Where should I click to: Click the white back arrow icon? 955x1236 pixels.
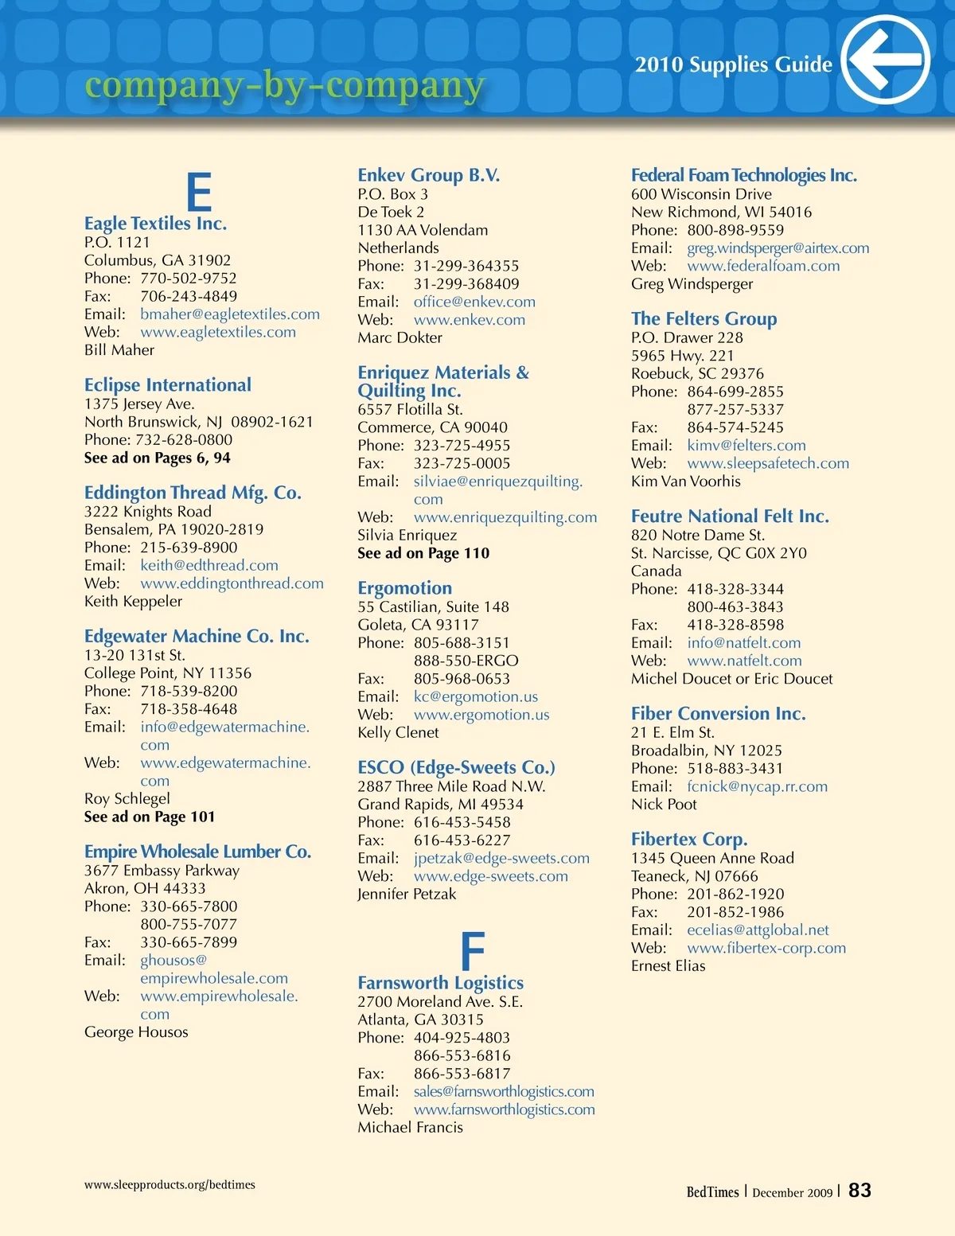point(885,60)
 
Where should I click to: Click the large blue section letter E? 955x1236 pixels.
point(199,192)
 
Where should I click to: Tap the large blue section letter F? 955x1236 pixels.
point(473,951)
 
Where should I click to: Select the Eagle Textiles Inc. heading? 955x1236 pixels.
point(155,224)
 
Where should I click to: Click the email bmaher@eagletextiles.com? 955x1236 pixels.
point(230,314)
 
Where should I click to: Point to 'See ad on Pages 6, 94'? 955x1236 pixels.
point(158,458)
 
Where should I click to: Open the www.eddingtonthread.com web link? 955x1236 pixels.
point(232,583)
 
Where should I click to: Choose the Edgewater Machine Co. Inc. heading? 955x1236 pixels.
point(197,636)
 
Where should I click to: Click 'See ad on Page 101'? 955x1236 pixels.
point(150,817)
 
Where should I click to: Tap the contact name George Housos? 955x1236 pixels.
point(136,1032)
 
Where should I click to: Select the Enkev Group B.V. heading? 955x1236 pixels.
point(428,175)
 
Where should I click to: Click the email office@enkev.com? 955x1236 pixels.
point(474,302)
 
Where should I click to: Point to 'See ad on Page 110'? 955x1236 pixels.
point(423,553)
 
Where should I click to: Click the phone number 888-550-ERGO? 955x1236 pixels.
point(466,661)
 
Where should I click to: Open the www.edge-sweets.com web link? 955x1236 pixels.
point(491,876)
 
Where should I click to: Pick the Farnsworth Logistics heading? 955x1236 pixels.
point(440,983)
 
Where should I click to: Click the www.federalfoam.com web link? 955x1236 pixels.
point(763,266)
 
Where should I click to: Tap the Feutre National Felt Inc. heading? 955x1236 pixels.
point(730,516)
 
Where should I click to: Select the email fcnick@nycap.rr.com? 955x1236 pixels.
point(757,786)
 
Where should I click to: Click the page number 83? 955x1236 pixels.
point(859,1191)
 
